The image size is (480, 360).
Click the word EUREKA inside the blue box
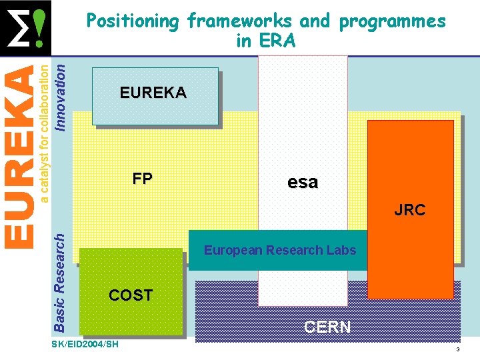tap(153, 93)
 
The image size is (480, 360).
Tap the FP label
tap(142, 179)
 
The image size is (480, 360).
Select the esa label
tap(303, 182)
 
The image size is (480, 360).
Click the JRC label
tap(409, 210)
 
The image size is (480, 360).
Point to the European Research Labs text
tap(280, 251)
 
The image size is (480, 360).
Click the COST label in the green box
tap(131, 295)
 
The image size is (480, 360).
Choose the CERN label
tap(327, 327)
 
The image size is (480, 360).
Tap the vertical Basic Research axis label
tap(59, 281)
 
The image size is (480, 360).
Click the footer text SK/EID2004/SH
tap(85, 344)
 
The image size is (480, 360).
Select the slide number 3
tap(458, 350)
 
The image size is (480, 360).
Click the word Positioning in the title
tap(133, 21)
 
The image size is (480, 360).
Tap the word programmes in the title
tap(392, 21)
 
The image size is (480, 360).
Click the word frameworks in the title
tap(240, 21)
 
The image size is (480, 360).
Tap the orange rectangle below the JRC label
tap(411, 260)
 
